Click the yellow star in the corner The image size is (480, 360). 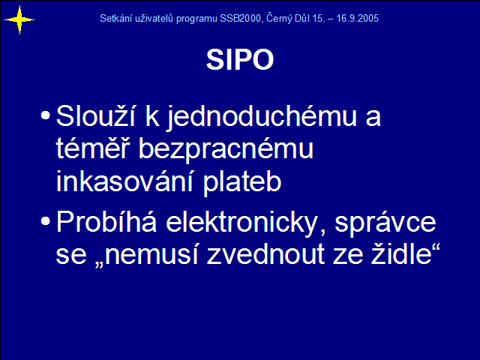(x=19, y=20)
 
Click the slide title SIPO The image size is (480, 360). (x=240, y=59)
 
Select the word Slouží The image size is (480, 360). (x=95, y=115)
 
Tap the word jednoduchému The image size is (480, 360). (x=262, y=117)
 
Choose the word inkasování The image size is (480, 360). (x=124, y=181)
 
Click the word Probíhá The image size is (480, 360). (x=106, y=222)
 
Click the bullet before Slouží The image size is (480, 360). (x=45, y=115)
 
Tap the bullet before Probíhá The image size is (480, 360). (x=45, y=220)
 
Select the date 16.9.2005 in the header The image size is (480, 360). (x=357, y=18)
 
